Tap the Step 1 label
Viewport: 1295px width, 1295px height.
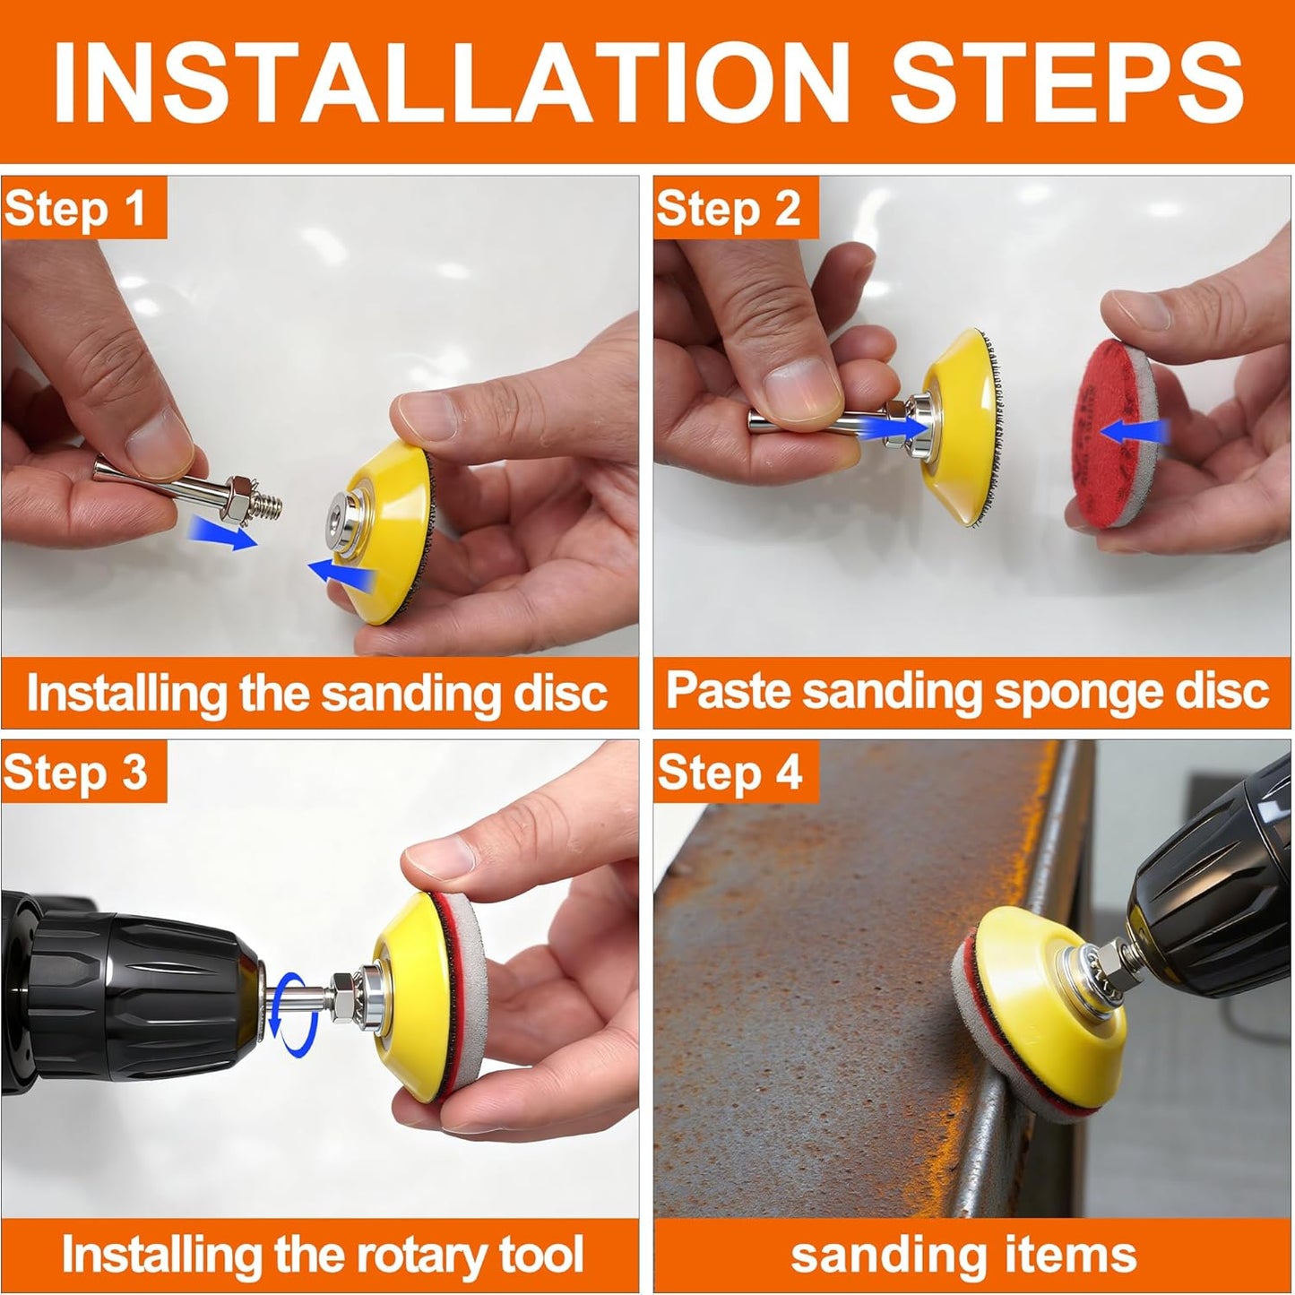75,209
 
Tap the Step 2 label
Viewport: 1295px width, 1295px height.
728,209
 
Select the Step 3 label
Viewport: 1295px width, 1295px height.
75,772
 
